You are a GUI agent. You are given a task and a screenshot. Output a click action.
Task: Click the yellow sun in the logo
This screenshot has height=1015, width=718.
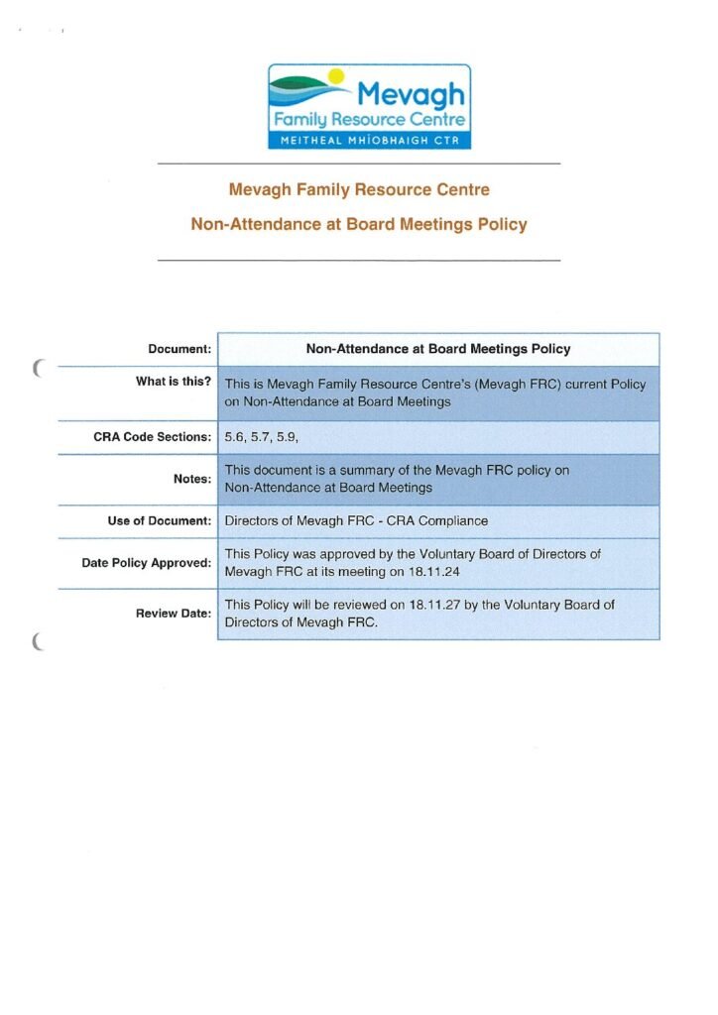click(336, 74)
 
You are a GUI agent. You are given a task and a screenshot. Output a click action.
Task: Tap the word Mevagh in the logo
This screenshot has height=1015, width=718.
click(410, 95)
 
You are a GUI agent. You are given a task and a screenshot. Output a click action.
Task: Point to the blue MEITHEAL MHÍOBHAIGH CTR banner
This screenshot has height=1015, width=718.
click(369, 141)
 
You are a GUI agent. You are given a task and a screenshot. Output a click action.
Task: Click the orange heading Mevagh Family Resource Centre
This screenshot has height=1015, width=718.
click(359, 189)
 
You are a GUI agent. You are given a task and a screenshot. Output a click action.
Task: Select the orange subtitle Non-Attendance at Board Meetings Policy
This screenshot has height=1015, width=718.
click(359, 224)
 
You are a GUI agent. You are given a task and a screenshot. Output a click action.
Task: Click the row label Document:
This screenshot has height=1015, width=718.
click(179, 349)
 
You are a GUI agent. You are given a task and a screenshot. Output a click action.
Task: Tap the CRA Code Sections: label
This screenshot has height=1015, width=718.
click(153, 437)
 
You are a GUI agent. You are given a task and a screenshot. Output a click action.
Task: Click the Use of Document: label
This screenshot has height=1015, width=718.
click(160, 520)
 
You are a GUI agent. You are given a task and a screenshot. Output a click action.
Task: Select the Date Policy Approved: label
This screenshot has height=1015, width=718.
click(147, 563)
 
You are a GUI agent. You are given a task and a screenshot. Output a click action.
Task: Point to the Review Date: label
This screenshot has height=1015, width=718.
click(174, 614)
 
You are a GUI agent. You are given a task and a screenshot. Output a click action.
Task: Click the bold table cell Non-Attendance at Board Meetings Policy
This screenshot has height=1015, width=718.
click(437, 349)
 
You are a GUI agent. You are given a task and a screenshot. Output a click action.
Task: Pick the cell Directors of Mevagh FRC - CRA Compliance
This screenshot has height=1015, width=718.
click(356, 520)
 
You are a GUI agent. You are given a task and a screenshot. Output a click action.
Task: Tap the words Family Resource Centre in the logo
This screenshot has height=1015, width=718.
click(369, 120)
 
